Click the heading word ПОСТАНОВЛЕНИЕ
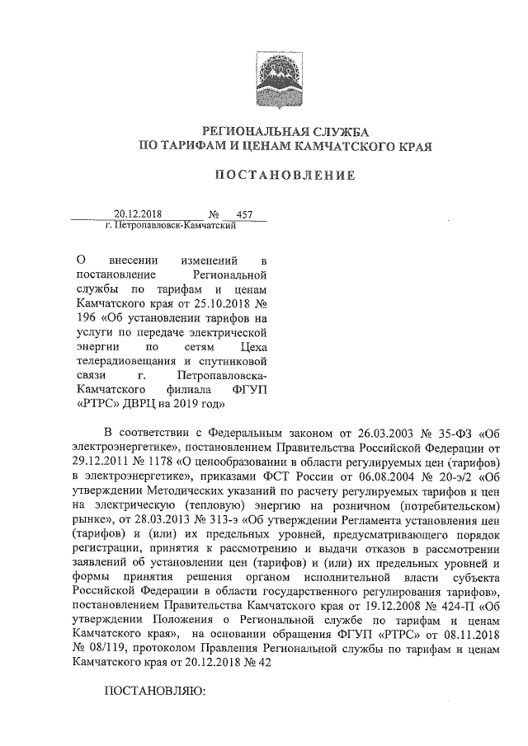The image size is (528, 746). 285,175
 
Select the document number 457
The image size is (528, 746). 245,214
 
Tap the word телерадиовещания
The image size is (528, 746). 121,360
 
